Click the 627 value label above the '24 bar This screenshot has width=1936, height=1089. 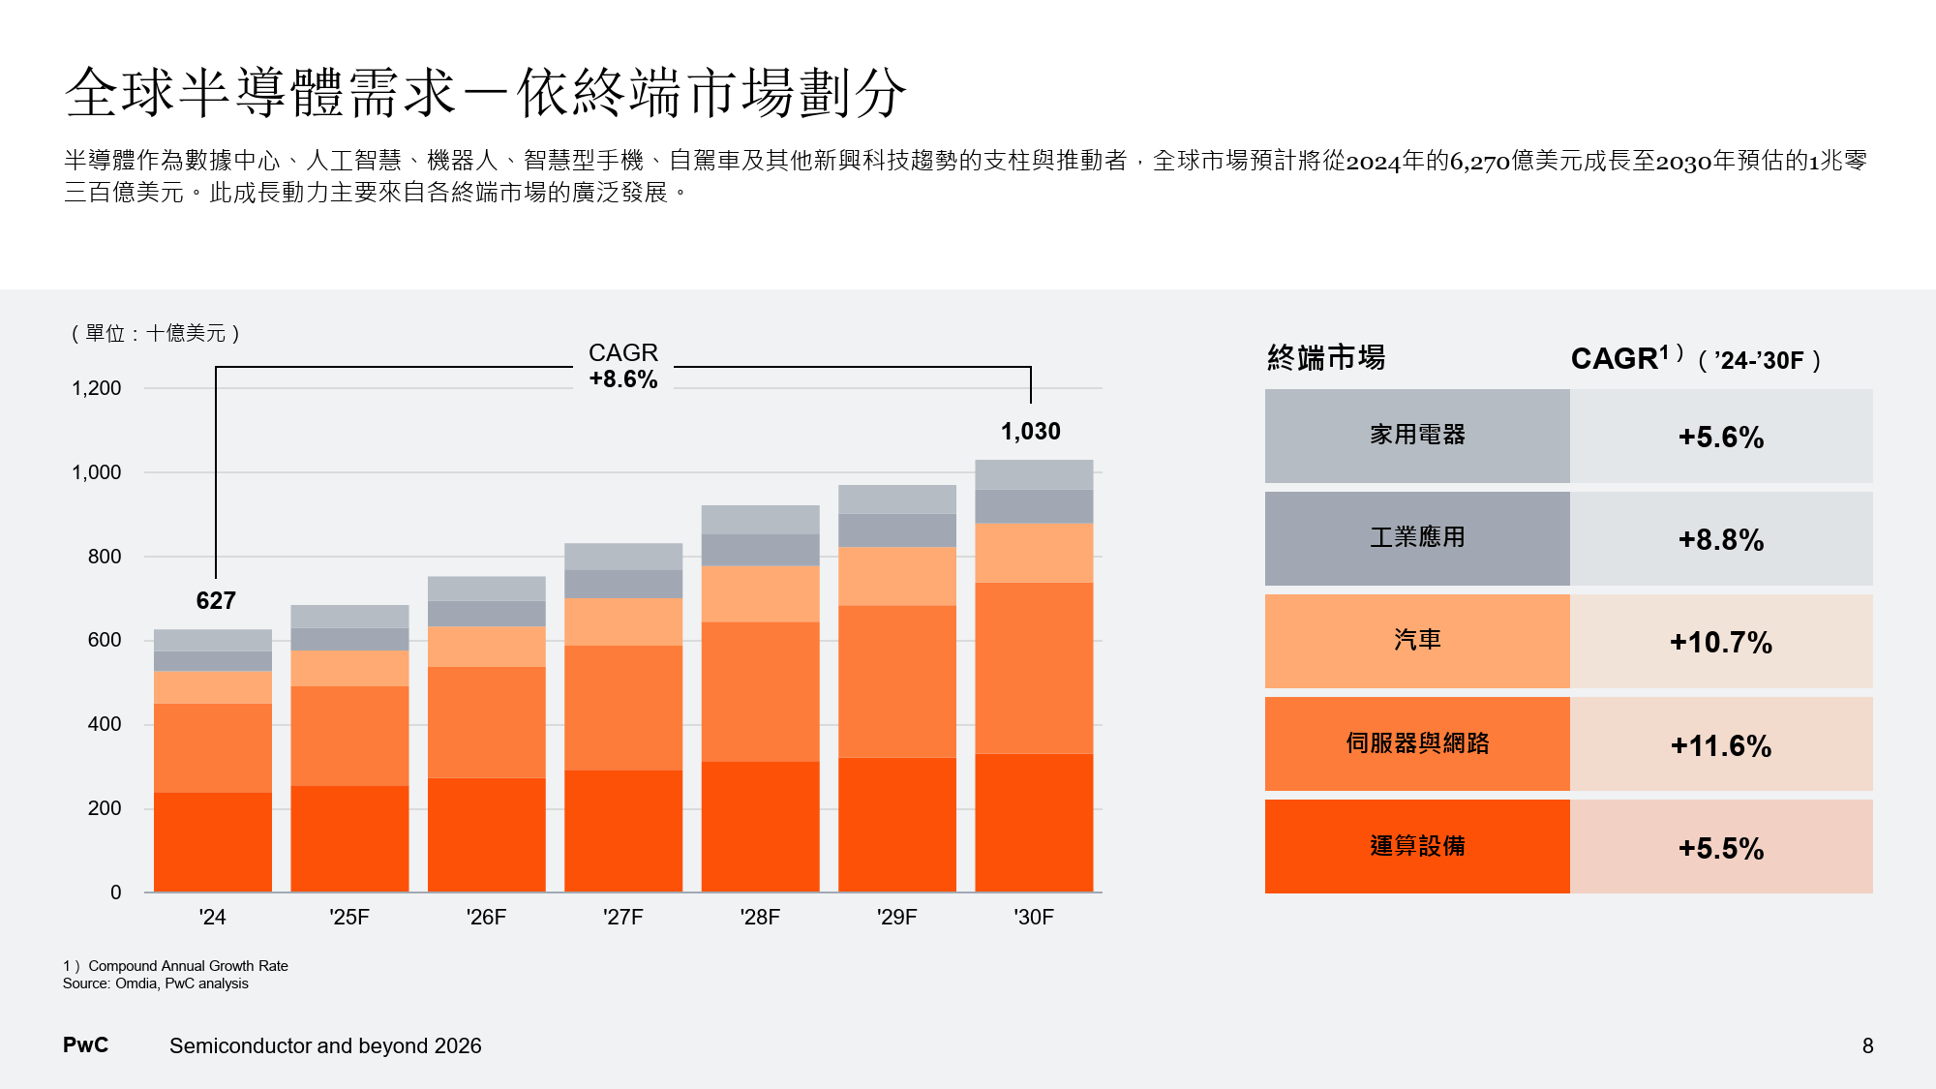pos(216,600)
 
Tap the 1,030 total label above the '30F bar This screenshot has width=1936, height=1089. pos(1030,431)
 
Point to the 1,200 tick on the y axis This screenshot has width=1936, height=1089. pos(96,388)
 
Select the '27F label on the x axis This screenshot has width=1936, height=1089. pos(622,917)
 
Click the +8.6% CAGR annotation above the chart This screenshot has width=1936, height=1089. pos(623,379)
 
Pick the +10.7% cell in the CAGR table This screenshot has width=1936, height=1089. pos(1720,642)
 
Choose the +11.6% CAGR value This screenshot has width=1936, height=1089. pos(1720,745)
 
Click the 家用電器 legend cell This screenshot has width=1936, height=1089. pos(1417,436)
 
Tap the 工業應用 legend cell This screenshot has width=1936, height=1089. pos(1417,538)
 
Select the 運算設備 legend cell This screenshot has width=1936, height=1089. pos(1417,846)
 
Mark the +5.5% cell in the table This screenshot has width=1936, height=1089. pos(1720,848)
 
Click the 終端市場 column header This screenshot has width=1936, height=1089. pos(1326,358)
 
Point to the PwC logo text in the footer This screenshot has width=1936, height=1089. pos(85,1045)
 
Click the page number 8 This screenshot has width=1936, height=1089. pos(1867,1045)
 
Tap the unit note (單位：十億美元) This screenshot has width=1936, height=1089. pos(155,333)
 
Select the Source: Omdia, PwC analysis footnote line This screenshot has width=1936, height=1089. pos(156,983)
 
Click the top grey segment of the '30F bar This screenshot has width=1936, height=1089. pos(1034,474)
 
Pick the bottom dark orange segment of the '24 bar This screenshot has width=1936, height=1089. pos(213,842)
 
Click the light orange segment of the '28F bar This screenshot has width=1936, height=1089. pos(760,593)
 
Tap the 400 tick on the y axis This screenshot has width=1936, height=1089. pos(105,724)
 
